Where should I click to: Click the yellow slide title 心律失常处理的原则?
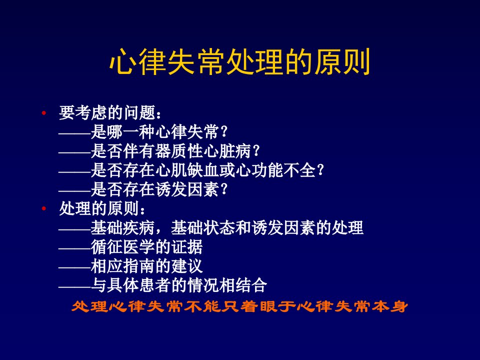[240, 61]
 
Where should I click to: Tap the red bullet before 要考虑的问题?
[44, 113]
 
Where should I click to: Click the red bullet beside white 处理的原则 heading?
[44, 209]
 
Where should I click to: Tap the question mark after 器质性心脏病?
[256, 151]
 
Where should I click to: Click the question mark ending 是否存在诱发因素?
[224, 189]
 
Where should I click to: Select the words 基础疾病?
[122, 228]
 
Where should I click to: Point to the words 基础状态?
[203, 228]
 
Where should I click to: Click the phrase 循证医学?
[122, 247]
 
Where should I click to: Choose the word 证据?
[187, 247]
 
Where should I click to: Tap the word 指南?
[138, 266]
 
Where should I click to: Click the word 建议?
[187, 266]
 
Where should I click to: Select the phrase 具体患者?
[138, 285]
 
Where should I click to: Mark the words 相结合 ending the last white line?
[243, 285]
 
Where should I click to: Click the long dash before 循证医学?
[74, 248]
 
